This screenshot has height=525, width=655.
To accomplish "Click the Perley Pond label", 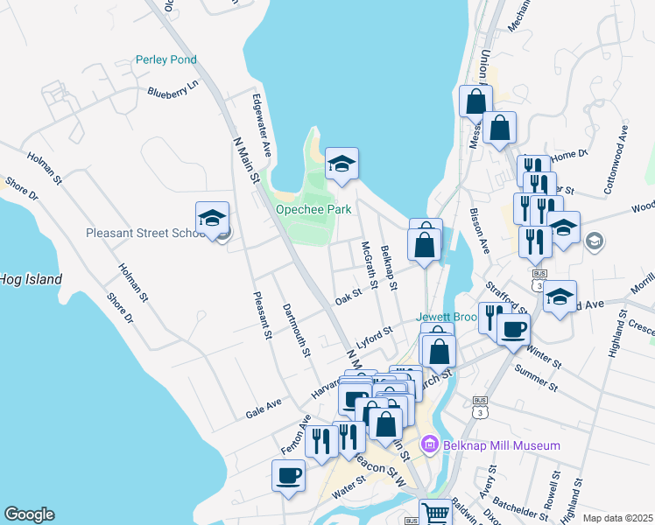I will (166, 60).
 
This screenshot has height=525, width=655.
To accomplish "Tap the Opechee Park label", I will (313, 210).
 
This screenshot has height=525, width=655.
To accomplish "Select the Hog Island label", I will (32, 280).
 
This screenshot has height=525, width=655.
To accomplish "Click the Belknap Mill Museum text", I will (501, 446).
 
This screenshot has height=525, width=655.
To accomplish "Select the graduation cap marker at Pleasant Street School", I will (211, 219).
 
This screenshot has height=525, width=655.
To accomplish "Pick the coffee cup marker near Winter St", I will (513, 329).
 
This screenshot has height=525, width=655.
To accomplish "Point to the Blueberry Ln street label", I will (173, 89).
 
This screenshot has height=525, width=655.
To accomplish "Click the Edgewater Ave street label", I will (262, 126).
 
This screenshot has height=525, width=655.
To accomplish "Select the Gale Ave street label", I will (264, 407).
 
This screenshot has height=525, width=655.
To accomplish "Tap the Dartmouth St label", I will (297, 331).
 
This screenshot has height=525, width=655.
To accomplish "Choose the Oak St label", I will (349, 297).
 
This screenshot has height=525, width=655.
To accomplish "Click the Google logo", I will (29, 514).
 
